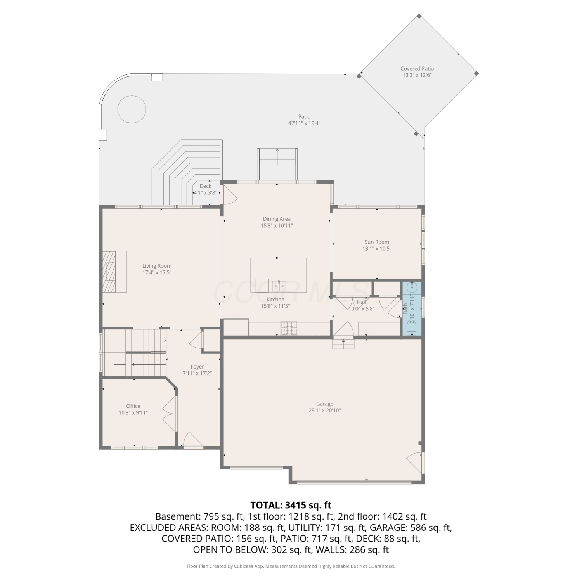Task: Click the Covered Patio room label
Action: (417, 69)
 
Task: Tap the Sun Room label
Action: (377, 242)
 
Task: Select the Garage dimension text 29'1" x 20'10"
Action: (325, 411)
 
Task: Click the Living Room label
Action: (157, 266)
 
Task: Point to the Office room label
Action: (133, 406)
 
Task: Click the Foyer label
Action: (197, 367)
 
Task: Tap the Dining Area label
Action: (277, 219)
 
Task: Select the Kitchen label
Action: (275, 299)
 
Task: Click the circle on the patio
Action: (132, 109)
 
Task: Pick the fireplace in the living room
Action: (114, 271)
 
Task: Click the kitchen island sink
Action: (279, 286)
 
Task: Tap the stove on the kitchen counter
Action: (289, 328)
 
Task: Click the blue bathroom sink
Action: (412, 288)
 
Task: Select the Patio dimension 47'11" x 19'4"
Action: (304, 123)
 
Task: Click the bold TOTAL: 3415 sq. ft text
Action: (291, 505)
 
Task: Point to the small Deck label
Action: (205, 186)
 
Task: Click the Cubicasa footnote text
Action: (291, 566)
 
